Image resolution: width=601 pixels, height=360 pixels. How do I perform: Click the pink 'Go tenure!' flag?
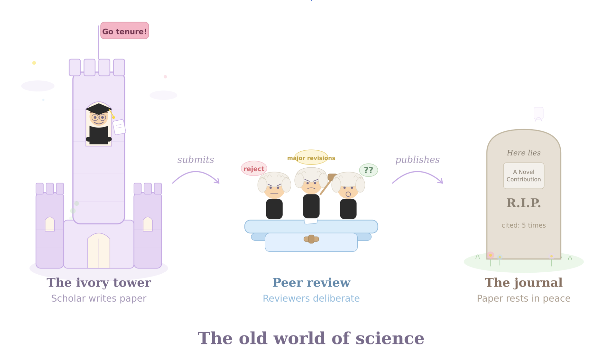[124, 31]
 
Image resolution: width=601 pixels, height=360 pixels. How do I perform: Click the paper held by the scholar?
[119, 127]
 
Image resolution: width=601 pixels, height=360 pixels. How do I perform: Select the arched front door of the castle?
[99, 251]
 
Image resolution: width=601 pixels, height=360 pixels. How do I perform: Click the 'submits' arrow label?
[195, 159]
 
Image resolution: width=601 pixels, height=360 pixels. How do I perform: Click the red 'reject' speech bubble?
[254, 169]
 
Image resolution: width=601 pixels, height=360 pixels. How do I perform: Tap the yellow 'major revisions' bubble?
[311, 157]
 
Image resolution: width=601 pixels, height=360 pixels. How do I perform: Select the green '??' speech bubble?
[368, 170]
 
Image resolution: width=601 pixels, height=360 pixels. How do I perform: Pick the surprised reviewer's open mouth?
[348, 194]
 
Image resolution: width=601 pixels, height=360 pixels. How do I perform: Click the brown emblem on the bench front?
[311, 239]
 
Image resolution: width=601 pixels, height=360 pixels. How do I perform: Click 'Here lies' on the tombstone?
[524, 153]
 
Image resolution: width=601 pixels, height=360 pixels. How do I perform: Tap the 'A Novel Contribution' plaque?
[524, 176]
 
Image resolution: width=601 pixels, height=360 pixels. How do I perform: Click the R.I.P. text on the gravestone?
[524, 203]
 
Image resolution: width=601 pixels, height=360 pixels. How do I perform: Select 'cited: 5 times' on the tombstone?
[524, 225]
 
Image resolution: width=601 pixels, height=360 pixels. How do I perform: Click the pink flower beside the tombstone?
[491, 255]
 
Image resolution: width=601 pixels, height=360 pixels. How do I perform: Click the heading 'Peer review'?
[311, 282]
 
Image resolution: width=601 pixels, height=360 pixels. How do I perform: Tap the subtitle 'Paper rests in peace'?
[524, 298]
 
